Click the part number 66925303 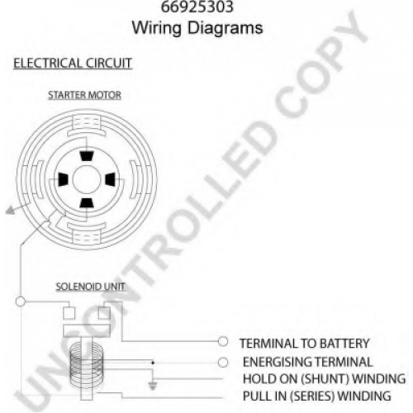coord(197,7)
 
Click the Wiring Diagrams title coord(197,28)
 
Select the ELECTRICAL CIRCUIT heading coord(73,63)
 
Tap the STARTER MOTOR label coord(84,95)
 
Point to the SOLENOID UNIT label coord(91,287)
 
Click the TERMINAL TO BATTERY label coord(304,344)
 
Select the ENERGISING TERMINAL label coord(307,362)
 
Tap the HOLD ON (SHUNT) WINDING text coord(324,379)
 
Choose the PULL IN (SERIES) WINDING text coord(316,396)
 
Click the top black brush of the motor coord(87,156)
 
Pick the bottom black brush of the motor coord(87,203)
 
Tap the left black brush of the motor coord(63,179)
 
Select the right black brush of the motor coord(110,179)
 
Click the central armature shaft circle coord(87,179)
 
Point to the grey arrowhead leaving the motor coord(10,211)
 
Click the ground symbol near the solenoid coord(153,386)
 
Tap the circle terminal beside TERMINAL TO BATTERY coord(223,342)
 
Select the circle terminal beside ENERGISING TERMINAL coord(223,363)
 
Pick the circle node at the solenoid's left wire coord(21,301)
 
